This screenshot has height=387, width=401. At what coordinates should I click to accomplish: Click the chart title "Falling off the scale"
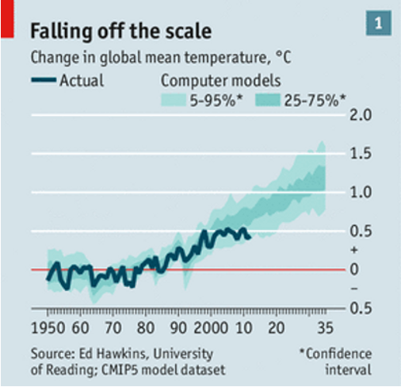tap(121, 31)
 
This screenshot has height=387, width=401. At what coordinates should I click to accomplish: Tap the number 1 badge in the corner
tap(379, 23)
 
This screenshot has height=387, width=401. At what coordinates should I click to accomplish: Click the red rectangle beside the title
tap(7, 19)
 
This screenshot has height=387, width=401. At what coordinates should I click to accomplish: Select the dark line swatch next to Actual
tap(44, 79)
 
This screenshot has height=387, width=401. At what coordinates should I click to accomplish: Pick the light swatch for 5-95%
tap(174, 101)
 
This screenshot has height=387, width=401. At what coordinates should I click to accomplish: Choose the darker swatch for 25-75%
tap(268, 101)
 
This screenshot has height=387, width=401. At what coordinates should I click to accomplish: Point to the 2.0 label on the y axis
tap(361, 115)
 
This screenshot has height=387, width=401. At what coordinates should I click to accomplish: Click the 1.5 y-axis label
tap(361, 154)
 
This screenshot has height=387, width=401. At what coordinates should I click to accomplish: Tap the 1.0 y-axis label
tap(361, 192)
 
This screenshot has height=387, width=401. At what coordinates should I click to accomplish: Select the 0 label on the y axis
tap(355, 270)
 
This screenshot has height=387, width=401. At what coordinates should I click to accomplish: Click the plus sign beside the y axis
tap(354, 250)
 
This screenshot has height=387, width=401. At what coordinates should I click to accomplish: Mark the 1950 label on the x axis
tap(48, 328)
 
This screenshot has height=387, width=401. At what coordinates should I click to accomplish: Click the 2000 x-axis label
tap(211, 328)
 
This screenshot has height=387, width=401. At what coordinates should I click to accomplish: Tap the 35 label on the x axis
tap(326, 328)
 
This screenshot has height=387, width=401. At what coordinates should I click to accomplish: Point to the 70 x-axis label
tap(113, 328)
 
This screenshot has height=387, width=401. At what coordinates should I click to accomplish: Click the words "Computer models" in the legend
tap(221, 81)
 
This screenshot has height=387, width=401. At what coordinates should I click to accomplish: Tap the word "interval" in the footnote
tap(349, 370)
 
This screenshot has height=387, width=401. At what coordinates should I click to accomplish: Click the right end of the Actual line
tap(250, 238)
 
